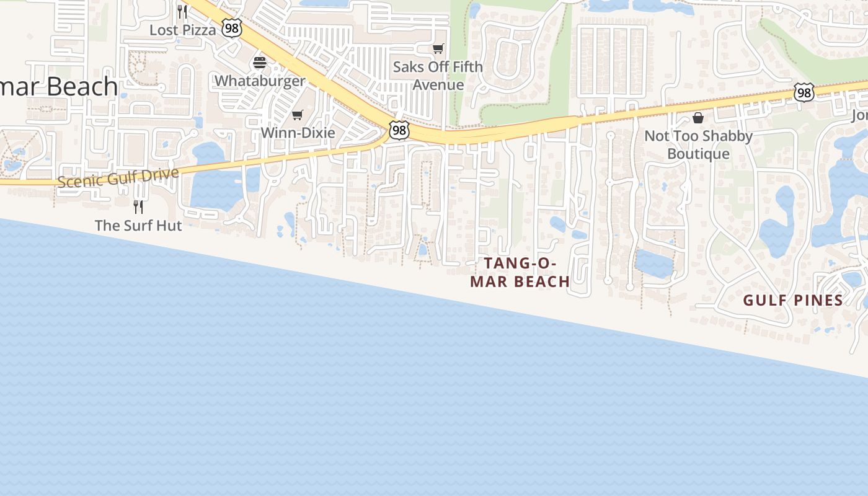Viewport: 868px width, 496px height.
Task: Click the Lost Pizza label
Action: point(183,30)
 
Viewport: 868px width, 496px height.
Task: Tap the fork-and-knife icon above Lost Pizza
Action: point(182,11)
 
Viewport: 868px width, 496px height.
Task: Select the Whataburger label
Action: point(260,81)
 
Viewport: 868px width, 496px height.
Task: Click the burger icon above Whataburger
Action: point(259,63)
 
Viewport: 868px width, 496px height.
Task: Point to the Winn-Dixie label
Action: point(298,133)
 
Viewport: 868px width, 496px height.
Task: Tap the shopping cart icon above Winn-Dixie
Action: point(298,115)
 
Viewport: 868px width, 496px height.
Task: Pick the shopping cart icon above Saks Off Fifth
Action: point(438,48)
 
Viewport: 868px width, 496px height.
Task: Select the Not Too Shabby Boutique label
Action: point(698,144)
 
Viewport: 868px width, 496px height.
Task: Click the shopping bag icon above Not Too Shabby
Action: point(698,118)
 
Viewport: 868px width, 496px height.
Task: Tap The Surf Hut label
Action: point(138,225)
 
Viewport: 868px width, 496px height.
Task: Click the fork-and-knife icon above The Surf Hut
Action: point(138,206)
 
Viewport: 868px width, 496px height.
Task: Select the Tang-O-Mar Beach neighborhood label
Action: point(520,272)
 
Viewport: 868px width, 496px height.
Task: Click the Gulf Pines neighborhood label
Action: point(793,301)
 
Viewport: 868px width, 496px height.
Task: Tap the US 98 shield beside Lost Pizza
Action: point(231,28)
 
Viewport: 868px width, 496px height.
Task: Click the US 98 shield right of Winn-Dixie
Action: point(399,130)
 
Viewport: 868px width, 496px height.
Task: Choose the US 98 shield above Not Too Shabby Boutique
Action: point(804,93)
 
